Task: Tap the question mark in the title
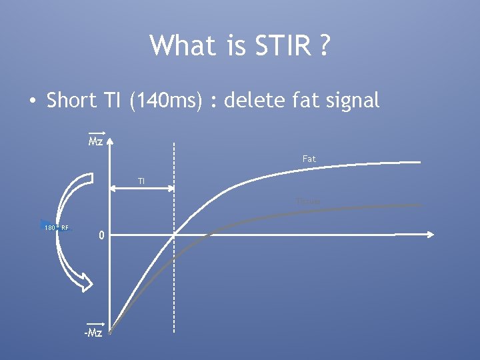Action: coord(324,46)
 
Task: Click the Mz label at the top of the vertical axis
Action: coord(96,142)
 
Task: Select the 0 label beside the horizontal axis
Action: coord(100,235)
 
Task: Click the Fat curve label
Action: coord(309,159)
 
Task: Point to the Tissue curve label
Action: coord(308,201)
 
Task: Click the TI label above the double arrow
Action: coord(141,181)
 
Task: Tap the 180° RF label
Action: coord(56,228)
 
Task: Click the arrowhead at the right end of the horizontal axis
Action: coord(431,234)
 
